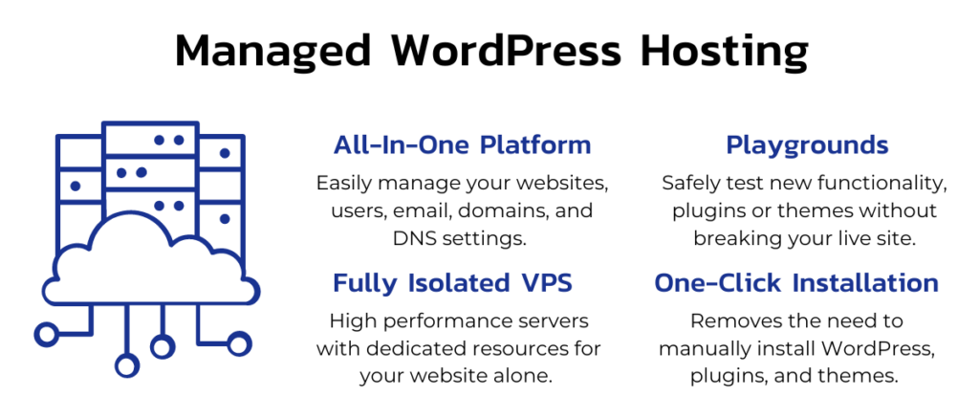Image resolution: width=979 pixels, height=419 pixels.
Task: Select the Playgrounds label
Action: click(807, 146)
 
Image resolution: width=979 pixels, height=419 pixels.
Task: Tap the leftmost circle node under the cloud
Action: click(46, 334)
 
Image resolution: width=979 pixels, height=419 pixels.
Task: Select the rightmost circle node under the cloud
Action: click(239, 342)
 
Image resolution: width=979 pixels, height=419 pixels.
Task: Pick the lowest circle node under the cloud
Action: click(126, 365)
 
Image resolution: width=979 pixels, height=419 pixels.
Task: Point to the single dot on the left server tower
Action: click(76, 186)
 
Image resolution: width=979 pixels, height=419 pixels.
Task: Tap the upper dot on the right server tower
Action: click(225, 153)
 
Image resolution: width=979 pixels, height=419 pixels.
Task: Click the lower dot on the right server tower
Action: click(225, 219)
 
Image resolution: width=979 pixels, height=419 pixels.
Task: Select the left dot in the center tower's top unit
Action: click(159, 141)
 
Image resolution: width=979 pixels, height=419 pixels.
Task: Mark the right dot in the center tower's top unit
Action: click(178, 141)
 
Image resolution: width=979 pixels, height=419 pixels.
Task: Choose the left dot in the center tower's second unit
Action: click(121, 173)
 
